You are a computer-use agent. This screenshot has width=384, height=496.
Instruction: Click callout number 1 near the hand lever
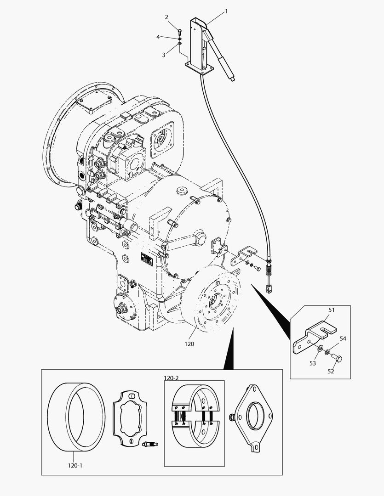[226, 11]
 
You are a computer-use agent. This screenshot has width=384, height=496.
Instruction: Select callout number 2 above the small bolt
[166, 17]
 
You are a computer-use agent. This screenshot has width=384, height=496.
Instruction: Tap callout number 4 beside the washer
[158, 37]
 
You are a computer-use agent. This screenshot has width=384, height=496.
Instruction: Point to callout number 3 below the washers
[163, 55]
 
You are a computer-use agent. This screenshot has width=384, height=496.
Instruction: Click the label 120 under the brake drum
[189, 344]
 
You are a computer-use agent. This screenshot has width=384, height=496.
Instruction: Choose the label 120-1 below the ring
[75, 465]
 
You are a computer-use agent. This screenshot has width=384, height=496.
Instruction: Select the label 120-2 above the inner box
[171, 378]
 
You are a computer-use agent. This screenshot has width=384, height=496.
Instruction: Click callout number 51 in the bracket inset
[332, 310]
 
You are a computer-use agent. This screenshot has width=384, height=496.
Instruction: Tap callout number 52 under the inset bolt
[331, 372]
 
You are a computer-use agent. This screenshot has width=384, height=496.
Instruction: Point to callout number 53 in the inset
[313, 363]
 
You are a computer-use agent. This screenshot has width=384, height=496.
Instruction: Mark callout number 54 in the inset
[343, 338]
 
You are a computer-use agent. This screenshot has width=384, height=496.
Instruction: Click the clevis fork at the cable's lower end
[269, 287]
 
